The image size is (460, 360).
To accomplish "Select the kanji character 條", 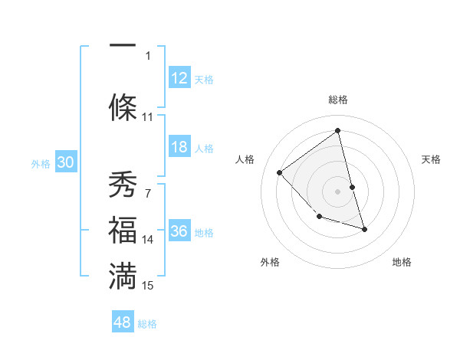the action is [123, 105].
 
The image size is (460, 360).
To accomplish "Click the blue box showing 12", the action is [179, 78].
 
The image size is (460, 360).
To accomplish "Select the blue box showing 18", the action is [179, 147].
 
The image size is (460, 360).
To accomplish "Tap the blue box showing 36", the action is [179, 231].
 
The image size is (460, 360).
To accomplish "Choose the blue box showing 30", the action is [65, 162].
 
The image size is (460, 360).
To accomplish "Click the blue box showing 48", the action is [123, 322].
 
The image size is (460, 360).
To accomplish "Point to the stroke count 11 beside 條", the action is [148, 117].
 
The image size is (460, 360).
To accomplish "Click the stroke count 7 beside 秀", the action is [147, 193].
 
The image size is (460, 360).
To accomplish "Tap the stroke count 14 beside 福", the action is [148, 240].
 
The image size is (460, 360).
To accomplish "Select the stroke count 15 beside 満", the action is [148, 286].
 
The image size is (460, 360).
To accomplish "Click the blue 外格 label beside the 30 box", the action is [41, 163].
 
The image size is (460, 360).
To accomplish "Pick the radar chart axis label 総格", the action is [337, 100].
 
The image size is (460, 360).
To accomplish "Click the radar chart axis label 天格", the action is [432, 159].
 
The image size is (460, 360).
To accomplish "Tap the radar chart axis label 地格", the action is [402, 262].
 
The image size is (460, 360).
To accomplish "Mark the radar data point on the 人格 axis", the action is [280, 172].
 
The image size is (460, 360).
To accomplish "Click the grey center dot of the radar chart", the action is [337, 191].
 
